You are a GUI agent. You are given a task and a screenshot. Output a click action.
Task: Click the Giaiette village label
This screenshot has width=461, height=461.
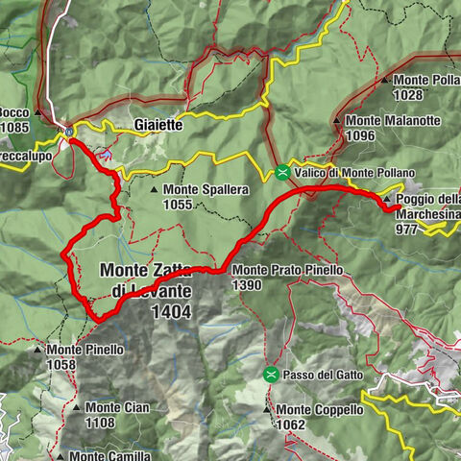(x=158, y=125)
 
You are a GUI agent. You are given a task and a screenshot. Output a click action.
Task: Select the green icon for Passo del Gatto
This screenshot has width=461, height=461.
(x=272, y=374)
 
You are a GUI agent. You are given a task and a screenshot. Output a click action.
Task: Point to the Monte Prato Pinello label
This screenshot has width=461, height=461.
(x=286, y=271)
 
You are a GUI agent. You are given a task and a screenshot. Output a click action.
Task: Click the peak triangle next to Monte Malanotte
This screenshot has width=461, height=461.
(x=337, y=121)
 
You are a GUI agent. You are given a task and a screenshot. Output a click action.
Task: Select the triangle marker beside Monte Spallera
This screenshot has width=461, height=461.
(x=155, y=190)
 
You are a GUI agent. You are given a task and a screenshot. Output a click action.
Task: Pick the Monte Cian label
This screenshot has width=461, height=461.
(x=116, y=408)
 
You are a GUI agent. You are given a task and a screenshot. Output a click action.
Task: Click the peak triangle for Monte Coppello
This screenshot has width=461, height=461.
(x=268, y=410)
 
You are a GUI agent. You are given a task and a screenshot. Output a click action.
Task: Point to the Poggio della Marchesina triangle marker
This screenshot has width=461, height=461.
(x=387, y=198)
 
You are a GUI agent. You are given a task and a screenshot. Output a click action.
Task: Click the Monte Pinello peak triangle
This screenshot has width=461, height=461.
(x=37, y=351)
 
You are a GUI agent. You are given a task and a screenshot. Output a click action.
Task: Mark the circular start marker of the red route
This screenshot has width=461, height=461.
(x=69, y=132)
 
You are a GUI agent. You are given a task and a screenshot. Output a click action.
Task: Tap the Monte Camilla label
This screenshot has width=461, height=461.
(x=109, y=456)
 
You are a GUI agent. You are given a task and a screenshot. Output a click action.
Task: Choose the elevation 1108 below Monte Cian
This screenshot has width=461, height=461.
(x=101, y=423)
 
